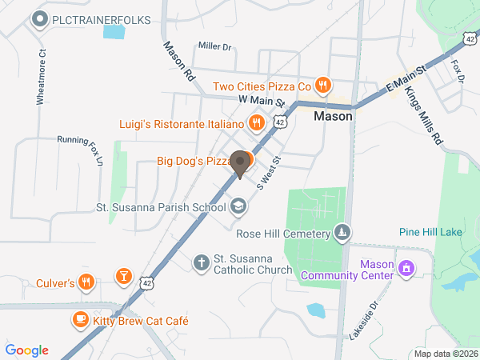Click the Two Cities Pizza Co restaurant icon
pos(322,86)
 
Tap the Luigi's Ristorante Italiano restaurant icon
pos(256,123)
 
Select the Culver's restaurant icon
pos(87,282)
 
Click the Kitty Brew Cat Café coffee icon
pos(79,320)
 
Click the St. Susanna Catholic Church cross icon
pos(201,262)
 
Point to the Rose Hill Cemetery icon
pos(342,233)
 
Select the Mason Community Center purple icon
pos(406,268)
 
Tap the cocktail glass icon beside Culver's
pos(123,277)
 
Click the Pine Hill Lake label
pos(430,232)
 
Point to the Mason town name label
pos(333,115)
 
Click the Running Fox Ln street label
pos(81,149)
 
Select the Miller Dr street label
pos(215,47)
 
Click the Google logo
pos(27,350)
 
